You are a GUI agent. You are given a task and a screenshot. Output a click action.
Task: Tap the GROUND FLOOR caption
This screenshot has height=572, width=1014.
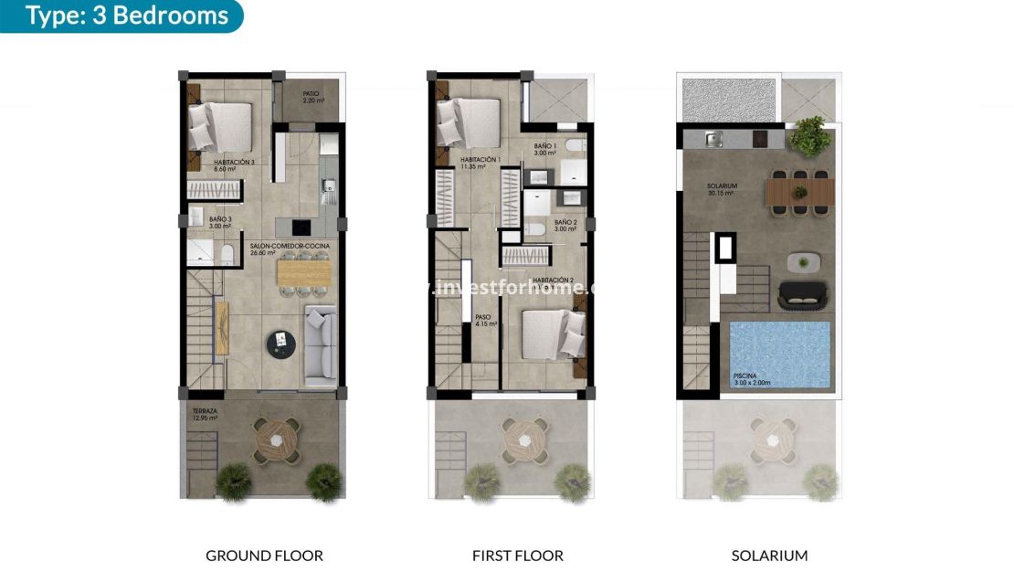click(x=264, y=555)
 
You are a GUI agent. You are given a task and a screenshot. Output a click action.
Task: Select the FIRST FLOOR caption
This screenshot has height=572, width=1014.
click(x=517, y=555)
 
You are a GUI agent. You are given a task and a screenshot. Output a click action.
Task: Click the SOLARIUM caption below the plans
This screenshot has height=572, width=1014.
click(x=769, y=555)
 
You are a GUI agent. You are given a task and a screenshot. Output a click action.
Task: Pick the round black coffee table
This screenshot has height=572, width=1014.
click(x=281, y=343)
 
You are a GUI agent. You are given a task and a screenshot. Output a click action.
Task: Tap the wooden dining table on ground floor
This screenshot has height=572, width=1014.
click(x=305, y=272)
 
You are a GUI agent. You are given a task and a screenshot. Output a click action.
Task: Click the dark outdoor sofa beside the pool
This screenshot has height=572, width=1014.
click(x=802, y=295)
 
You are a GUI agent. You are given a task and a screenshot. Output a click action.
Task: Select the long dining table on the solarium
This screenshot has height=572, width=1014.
click(x=799, y=192)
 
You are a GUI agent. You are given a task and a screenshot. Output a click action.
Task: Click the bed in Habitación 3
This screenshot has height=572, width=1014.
click(x=220, y=125)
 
